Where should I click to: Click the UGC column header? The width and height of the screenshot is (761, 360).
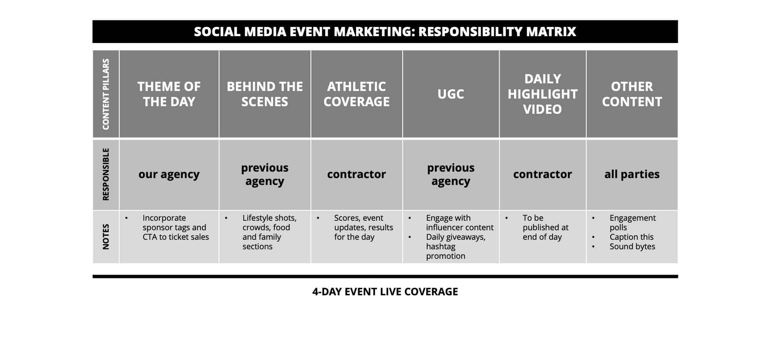451,94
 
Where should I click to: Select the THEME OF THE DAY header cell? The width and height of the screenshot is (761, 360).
169,94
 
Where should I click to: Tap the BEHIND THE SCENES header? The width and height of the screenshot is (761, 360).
265,94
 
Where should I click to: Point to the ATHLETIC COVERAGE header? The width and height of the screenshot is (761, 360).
357,94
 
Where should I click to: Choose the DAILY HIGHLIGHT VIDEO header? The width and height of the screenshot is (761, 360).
543,94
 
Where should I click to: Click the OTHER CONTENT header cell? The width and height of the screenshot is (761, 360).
632,94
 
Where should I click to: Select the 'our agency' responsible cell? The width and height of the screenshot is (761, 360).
169,174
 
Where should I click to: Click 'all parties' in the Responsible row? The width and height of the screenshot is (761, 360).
632,174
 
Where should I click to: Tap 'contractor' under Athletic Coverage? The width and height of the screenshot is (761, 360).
357,174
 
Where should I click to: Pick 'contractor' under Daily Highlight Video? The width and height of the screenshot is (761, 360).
543,174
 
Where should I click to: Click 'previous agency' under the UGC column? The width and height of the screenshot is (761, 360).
451,174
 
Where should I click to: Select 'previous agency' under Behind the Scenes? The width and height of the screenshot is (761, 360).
265,174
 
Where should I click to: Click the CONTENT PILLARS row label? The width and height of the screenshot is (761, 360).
106,94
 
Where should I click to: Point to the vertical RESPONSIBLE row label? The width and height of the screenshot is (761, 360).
106,174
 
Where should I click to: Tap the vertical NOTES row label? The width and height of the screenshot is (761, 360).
106,237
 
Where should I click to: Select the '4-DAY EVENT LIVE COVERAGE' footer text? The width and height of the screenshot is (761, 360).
385,292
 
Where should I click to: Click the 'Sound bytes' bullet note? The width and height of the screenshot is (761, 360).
632,247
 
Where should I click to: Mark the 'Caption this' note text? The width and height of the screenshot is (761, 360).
632,237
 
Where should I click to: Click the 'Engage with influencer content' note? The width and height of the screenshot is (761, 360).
460,223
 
